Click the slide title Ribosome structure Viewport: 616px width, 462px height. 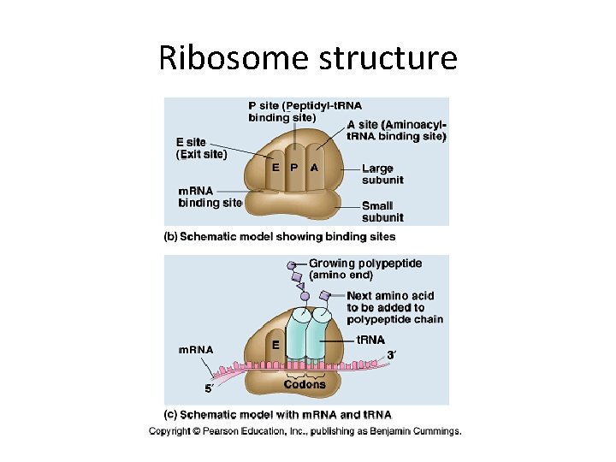308,58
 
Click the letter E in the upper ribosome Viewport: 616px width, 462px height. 275,168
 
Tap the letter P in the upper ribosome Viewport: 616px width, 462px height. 293,168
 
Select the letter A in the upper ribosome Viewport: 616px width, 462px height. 314,168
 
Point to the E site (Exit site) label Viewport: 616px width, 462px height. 201,148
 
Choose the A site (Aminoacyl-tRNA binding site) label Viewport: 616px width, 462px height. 396,130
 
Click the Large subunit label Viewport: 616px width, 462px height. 382,174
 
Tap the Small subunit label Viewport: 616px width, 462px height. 377,211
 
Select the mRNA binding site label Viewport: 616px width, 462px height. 210,197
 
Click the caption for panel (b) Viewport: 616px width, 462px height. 280,236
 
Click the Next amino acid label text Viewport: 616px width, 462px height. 394,307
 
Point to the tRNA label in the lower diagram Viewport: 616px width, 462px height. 370,340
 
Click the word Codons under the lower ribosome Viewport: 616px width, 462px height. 305,384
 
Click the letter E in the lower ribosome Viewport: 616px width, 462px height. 275,344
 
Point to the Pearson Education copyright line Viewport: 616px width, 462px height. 305,431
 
